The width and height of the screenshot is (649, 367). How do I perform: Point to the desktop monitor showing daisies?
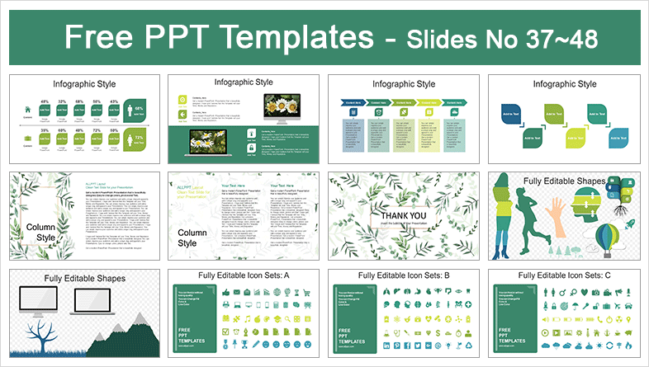pos(278,106)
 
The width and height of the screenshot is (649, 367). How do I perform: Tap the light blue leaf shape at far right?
pos(618,138)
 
